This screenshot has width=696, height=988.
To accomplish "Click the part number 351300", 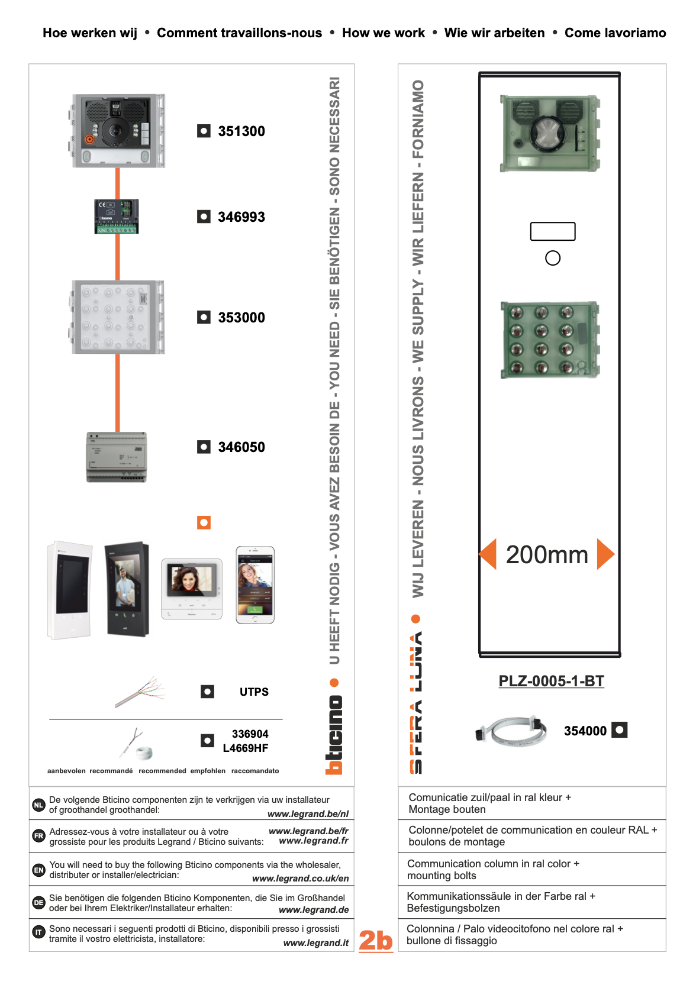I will (x=241, y=131).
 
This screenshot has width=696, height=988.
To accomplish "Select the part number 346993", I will (x=241, y=217).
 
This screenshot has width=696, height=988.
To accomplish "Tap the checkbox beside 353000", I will (x=204, y=317).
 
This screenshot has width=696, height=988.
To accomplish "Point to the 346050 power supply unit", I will (x=117, y=457).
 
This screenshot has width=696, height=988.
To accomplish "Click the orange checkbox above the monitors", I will (x=204, y=522).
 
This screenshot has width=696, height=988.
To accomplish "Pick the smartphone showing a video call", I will (x=255, y=585).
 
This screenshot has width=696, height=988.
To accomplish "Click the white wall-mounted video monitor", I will (x=70, y=590).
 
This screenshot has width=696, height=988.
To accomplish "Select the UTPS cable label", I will (x=254, y=692).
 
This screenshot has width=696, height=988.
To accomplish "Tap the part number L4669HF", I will (x=246, y=748).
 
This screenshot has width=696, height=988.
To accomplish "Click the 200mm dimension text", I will (x=547, y=554).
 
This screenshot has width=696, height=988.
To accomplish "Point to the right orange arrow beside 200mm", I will (x=605, y=554).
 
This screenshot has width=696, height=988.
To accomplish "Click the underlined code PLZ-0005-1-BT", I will (x=551, y=681).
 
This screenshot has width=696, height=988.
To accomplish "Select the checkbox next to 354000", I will (x=619, y=730).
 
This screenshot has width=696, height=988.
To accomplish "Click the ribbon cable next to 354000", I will (x=511, y=731).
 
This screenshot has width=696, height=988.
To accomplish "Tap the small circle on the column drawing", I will (x=553, y=258).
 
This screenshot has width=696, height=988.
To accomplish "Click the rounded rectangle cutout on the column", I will (x=553, y=231).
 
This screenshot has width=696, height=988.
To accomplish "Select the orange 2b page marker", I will (x=376, y=939).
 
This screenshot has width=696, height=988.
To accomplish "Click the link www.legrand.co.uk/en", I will (x=301, y=879).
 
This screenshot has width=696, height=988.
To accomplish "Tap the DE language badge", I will (x=38, y=902).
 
